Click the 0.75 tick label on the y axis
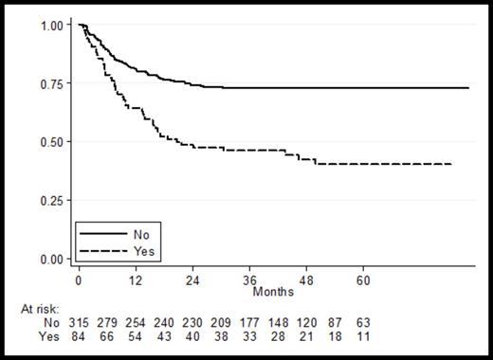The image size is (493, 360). (x=51, y=83)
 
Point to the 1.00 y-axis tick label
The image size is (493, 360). (x=51, y=25)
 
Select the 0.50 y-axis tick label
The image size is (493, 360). (x=51, y=142)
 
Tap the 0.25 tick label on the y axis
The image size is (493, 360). (x=51, y=201)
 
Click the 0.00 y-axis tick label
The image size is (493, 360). (x=51, y=259)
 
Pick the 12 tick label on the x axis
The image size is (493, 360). (x=136, y=280)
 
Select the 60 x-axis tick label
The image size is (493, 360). (x=363, y=280)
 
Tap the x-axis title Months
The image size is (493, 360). (x=272, y=292)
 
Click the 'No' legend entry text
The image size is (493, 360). (x=142, y=232)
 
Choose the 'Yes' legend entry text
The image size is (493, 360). (x=144, y=251)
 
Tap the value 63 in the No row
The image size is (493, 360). (x=363, y=323)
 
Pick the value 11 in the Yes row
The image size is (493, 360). (x=363, y=337)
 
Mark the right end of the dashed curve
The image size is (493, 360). (x=450, y=164)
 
